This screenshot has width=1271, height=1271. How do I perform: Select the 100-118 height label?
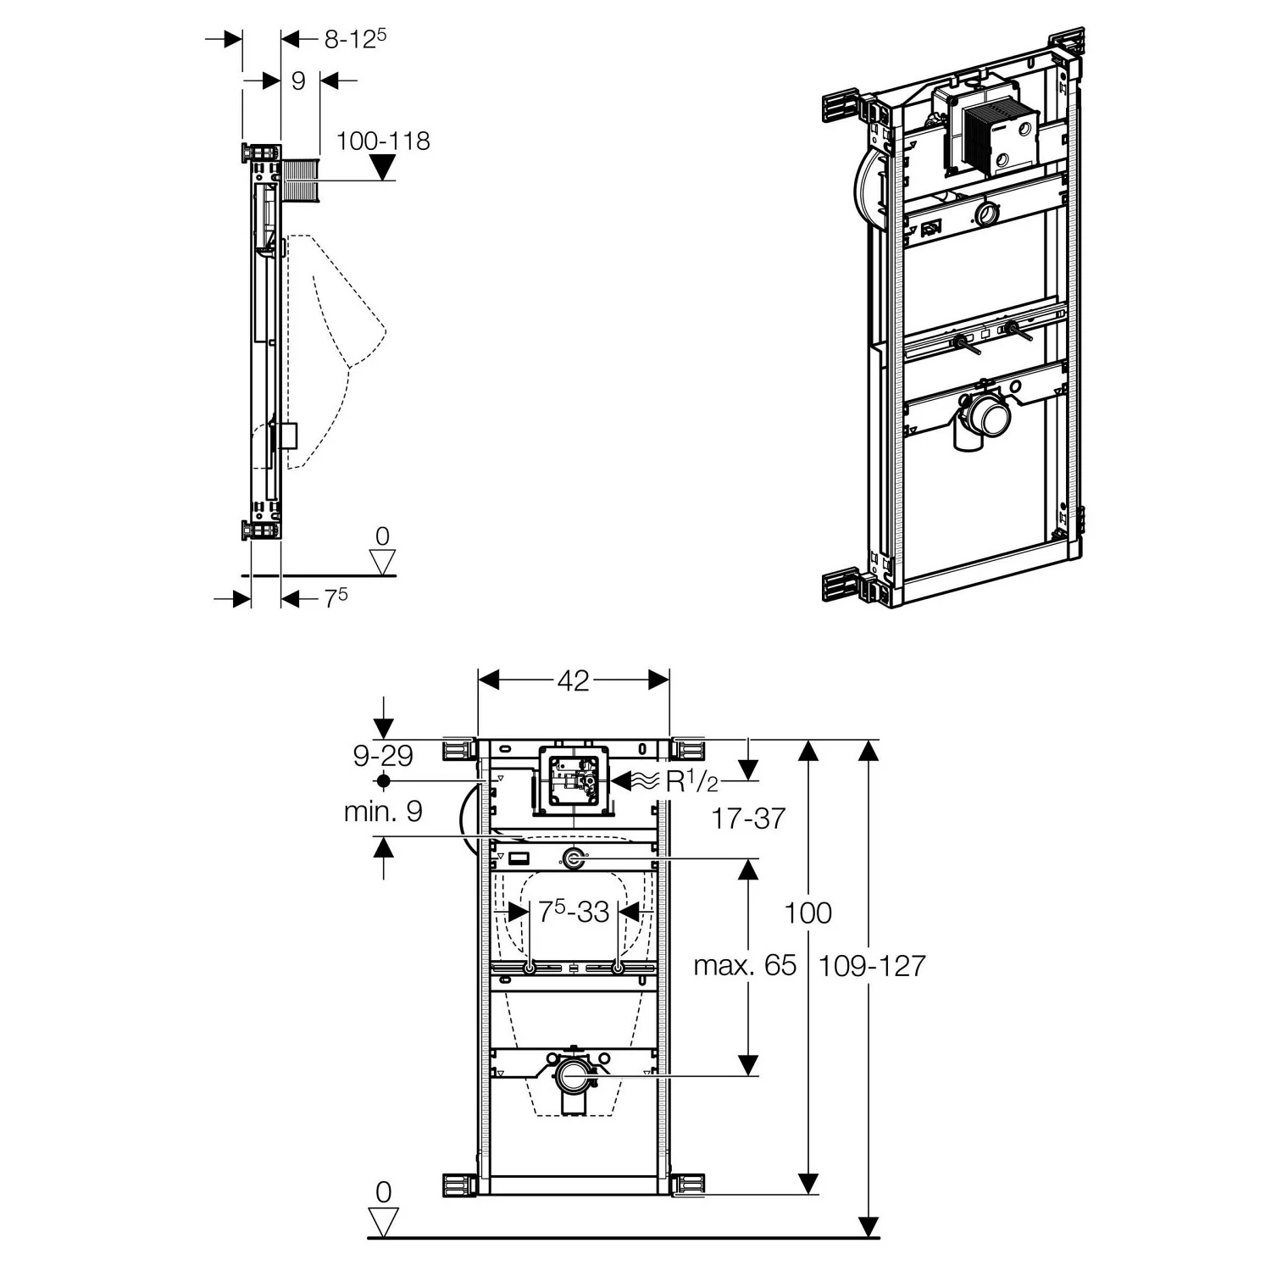(x=383, y=140)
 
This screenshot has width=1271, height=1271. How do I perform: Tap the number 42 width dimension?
(x=574, y=680)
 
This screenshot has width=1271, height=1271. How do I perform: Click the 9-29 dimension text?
(x=383, y=754)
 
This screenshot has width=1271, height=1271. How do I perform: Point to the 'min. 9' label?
(x=383, y=812)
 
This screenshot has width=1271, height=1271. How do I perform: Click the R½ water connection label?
(x=691, y=781)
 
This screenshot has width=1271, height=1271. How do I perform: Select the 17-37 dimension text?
(x=748, y=819)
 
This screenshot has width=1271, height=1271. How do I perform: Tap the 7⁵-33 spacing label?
(x=574, y=912)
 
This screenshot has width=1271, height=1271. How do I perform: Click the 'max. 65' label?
(x=745, y=966)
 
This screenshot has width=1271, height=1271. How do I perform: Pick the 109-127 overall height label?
(x=872, y=966)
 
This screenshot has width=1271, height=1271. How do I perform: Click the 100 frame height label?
(x=808, y=913)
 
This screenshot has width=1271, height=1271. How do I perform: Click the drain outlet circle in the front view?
(x=574, y=1076)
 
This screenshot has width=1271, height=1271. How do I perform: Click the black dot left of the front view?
(x=384, y=780)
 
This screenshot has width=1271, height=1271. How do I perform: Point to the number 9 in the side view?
(x=298, y=80)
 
